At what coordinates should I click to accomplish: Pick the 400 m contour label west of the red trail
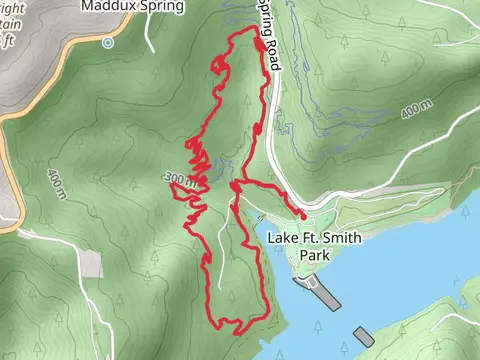55,180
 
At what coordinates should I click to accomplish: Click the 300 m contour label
180,178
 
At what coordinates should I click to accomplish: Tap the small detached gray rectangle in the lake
363,336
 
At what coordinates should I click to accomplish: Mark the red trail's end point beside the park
303,214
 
